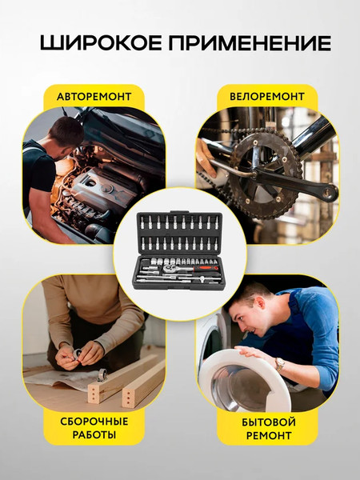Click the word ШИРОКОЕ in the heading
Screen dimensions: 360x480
(x=101, y=43)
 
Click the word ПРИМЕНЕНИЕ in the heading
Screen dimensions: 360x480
(x=250, y=43)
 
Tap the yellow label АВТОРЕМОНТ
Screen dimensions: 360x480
(x=94, y=97)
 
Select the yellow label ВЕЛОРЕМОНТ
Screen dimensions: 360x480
(x=267, y=97)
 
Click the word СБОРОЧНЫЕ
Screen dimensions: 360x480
(x=94, y=422)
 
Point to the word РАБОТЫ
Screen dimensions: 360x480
(x=94, y=434)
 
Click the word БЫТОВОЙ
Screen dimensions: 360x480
(x=269, y=422)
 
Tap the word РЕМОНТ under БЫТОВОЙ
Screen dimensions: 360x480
(x=269, y=435)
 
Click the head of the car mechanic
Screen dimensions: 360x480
(x=66, y=135)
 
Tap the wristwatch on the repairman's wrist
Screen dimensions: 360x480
(x=279, y=364)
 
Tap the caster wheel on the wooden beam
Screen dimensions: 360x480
(x=102, y=374)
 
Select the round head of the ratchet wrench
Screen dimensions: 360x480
(x=169, y=269)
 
